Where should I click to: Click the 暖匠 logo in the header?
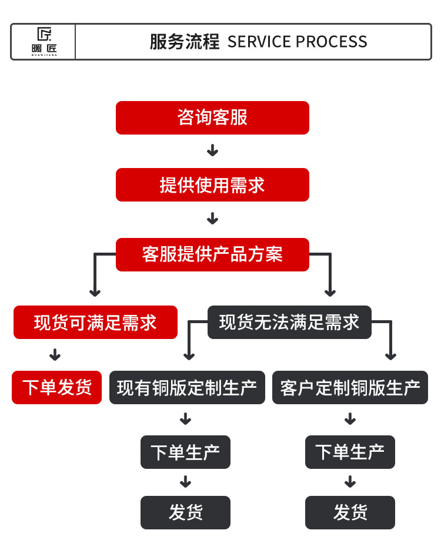click(44, 41)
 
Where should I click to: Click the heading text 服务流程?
click(185, 42)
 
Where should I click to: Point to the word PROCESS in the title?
click(332, 42)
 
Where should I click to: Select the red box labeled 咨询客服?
click(212, 118)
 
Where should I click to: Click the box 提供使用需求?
click(212, 184)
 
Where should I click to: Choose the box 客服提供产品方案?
click(212, 254)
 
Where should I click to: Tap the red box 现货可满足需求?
click(95, 322)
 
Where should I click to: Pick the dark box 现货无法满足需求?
click(289, 322)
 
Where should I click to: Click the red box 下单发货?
click(56, 387)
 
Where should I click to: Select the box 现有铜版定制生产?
click(187, 387)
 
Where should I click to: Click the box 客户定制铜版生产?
click(350, 387)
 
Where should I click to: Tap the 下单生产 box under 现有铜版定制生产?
click(185, 452)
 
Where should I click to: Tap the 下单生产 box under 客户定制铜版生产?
click(350, 452)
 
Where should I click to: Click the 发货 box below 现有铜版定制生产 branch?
click(185, 512)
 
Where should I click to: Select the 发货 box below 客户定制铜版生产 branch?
click(350, 512)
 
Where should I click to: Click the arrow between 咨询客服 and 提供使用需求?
click(212, 150)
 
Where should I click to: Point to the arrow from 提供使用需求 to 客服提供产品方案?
click(212, 219)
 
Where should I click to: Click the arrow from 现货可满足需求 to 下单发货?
click(55, 354)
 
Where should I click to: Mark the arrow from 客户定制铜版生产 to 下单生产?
click(350, 418)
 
